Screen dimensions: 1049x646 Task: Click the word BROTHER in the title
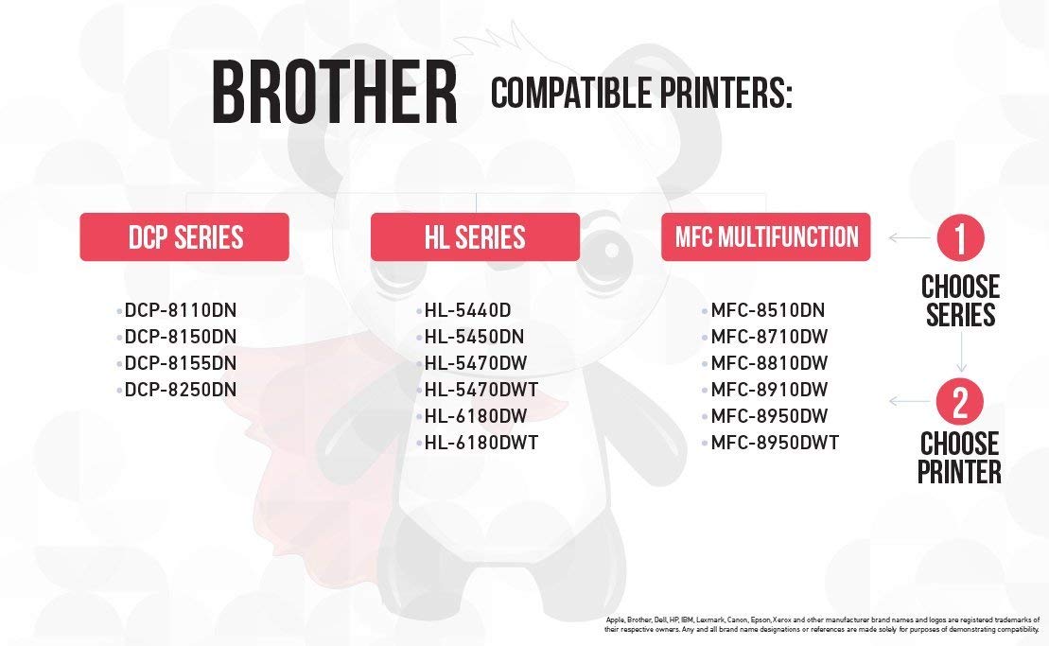pos(335,93)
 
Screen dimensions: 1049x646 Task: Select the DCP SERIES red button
pos(184,236)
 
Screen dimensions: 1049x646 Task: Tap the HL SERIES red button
pos(475,236)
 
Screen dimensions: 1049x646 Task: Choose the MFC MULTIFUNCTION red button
pos(766,236)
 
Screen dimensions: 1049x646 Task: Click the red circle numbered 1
pos(960,237)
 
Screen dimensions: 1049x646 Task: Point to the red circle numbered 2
pos(960,401)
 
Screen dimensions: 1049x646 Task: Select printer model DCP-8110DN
pos(181,310)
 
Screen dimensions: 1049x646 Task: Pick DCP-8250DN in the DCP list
pos(181,389)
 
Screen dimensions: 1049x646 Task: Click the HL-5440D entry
pos(467,310)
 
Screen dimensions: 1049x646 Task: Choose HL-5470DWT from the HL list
pos(481,389)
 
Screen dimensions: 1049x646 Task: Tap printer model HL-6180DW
pos(476,416)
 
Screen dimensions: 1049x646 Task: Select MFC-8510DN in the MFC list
pos(768,310)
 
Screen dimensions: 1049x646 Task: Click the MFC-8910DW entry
pos(769,389)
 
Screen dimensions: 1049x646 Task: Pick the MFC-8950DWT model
pos(775,442)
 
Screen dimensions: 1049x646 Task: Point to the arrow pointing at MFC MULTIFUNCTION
pos(909,237)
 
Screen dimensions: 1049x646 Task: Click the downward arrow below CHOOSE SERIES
pos(961,352)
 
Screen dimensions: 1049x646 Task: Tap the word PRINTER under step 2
pos(959,471)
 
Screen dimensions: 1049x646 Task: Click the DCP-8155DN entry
pos(181,363)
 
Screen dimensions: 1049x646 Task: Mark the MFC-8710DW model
pos(769,337)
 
